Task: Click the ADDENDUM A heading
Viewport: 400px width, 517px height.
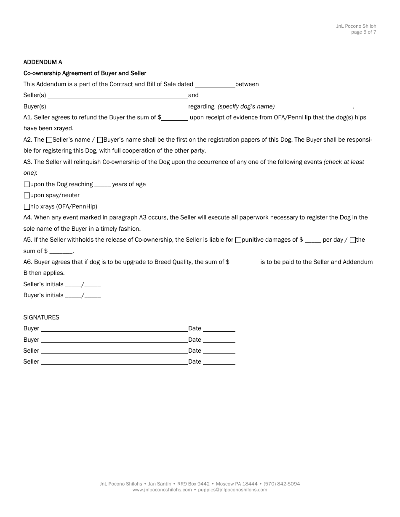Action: click(43, 62)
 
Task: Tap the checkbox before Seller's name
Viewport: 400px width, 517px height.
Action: click(49, 140)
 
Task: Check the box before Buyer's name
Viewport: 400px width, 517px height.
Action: click(100, 140)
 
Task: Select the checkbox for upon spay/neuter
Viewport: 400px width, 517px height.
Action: click(27, 195)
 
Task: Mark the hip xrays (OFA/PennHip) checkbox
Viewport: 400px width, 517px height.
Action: click(27, 207)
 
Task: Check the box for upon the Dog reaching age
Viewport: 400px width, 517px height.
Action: click(27, 185)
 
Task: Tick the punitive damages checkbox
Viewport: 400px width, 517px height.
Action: click(238, 240)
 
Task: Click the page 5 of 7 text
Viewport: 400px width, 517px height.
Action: click(363, 32)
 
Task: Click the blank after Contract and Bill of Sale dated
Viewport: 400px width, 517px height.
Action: click(215, 84)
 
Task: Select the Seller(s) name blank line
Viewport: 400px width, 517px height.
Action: click(117, 95)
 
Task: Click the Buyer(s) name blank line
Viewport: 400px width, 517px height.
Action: click(117, 107)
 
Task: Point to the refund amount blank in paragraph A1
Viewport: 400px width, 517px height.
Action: click(175, 118)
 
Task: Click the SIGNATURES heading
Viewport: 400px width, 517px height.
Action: click(41, 318)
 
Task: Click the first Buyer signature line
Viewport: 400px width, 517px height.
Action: click(114, 329)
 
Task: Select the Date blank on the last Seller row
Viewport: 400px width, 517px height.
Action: click(219, 362)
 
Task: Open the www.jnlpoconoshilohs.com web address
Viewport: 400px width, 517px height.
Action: click(162, 490)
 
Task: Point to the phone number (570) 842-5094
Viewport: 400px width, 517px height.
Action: click(282, 484)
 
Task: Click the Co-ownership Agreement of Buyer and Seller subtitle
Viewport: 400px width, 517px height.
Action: click(85, 73)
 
